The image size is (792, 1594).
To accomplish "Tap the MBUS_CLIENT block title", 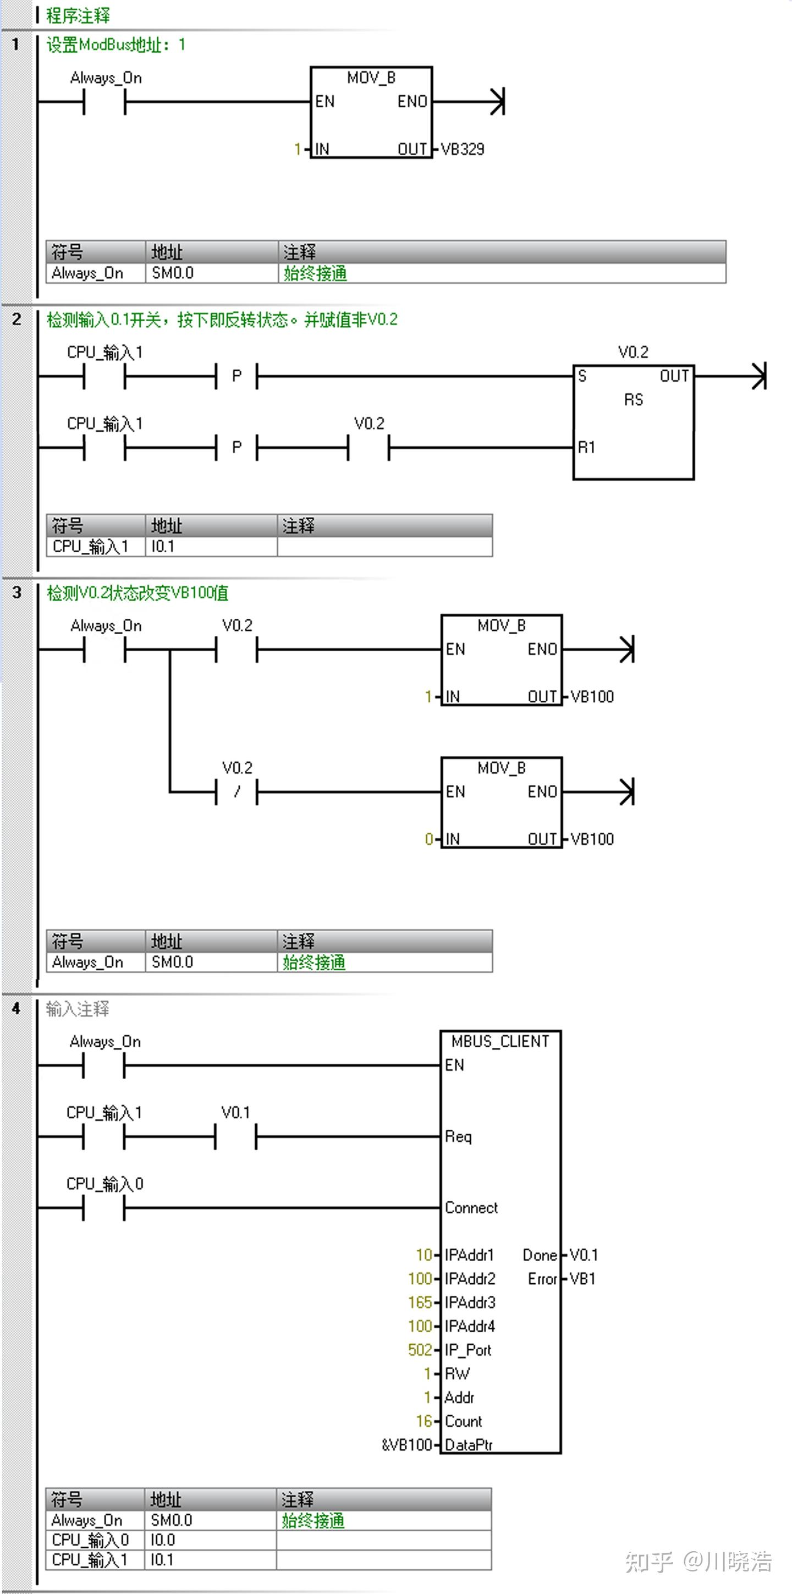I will pyautogui.click(x=500, y=1041).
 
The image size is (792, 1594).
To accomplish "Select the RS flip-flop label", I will pyautogui.click(x=633, y=400).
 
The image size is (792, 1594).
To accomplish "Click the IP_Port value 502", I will pyautogui.click(x=420, y=1350).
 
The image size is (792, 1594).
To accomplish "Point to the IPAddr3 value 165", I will pyautogui.click(x=420, y=1302).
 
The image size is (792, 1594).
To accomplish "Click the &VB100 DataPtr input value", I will pyautogui.click(x=406, y=1445).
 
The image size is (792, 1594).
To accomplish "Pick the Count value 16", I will pyautogui.click(x=424, y=1421).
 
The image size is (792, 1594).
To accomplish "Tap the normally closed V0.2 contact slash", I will pyautogui.click(x=237, y=791).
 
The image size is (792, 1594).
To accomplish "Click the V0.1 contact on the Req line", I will pyautogui.click(x=236, y=1136).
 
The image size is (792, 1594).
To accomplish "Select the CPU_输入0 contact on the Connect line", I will pyautogui.click(x=104, y=1207).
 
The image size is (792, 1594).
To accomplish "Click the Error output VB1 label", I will pyautogui.click(x=582, y=1278).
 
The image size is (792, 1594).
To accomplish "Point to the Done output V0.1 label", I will pyautogui.click(x=584, y=1255).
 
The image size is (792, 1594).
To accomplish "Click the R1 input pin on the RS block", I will pyautogui.click(x=586, y=447).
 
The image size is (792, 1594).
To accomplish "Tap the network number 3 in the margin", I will pyautogui.click(x=16, y=592).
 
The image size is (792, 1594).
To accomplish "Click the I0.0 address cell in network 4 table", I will pyautogui.click(x=163, y=1540).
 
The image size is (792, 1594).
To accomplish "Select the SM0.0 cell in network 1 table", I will pyautogui.click(x=173, y=273).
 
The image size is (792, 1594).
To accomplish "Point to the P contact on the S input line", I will pyautogui.click(x=237, y=376).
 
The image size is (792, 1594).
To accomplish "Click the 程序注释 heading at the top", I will pyautogui.click(x=78, y=15).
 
